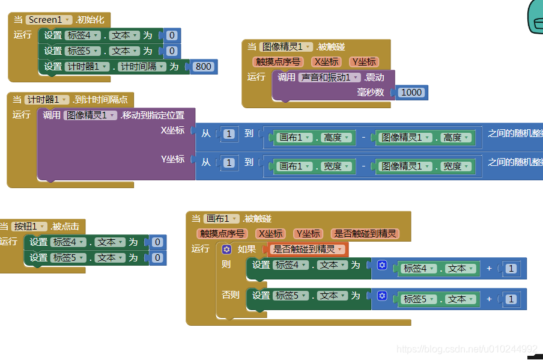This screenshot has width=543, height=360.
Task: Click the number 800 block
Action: [x=204, y=67]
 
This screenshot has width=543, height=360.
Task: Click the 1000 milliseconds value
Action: [x=411, y=93]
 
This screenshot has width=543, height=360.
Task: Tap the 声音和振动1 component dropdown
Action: [x=329, y=78]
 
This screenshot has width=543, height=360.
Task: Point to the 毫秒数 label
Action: [x=371, y=93]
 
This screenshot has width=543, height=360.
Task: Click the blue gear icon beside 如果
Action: [x=226, y=249]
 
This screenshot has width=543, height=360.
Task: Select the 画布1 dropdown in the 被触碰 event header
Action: [x=222, y=219]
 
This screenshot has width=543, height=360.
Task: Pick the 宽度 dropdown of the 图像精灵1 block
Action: [x=455, y=166]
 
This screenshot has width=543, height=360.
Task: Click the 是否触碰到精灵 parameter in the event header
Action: [x=365, y=234]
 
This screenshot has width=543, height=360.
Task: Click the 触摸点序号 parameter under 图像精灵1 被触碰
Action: [x=278, y=61]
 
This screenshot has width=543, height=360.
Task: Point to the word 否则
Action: [x=231, y=295]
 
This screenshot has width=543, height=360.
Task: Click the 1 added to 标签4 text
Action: [x=511, y=269]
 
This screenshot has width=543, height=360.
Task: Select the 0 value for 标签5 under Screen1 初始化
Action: [x=172, y=51]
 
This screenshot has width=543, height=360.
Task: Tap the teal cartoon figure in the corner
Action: [x=535, y=15]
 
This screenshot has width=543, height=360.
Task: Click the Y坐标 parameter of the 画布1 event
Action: [x=308, y=234]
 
